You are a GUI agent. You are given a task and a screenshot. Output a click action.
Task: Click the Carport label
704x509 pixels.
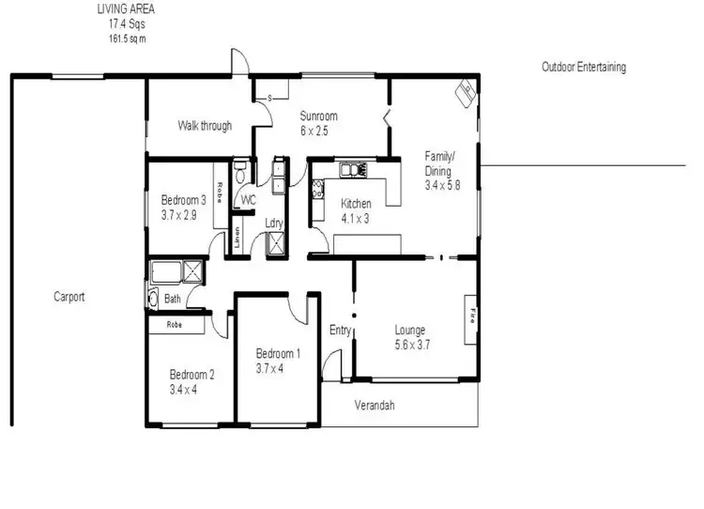point(69,297)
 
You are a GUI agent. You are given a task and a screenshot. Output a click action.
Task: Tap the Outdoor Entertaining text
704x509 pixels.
point(583,68)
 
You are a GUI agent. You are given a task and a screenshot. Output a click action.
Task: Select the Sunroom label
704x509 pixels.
point(317,116)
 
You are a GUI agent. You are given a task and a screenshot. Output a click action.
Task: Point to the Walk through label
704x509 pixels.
point(205,126)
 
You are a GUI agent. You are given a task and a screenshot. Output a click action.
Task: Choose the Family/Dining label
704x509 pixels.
point(438,164)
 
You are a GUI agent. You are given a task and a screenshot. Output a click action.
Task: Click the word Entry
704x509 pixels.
point(340,330)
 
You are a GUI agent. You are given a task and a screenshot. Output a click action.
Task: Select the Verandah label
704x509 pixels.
point(374,406)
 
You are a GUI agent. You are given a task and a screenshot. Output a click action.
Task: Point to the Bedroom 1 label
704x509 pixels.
point(278,354)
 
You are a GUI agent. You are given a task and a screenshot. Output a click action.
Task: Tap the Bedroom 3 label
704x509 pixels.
point(183,200)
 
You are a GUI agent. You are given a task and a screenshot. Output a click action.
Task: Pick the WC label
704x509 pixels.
point(248,201)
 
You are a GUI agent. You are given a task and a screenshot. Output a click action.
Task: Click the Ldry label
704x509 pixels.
point(274,223)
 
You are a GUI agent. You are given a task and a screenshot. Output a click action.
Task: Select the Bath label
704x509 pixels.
point(173,300)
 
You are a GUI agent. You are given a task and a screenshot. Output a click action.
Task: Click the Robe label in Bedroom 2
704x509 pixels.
point(174,324)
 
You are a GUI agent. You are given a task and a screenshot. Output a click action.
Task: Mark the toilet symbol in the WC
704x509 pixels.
point(242,174)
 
